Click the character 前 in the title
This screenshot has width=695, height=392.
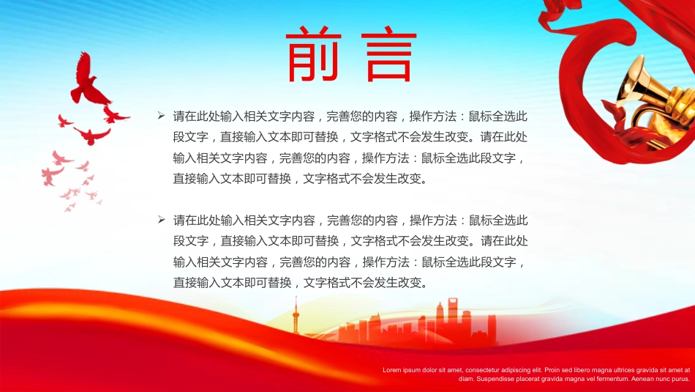[314, 54]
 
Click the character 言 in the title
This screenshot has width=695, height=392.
[389, 54]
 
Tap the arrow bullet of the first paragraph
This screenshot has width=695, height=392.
[162, 116]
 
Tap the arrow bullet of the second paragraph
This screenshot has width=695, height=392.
[162, 220]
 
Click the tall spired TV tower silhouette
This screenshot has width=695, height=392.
[296, 315]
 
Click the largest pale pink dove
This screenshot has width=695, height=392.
[52, 175]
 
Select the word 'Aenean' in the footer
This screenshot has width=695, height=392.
[642, 379]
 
